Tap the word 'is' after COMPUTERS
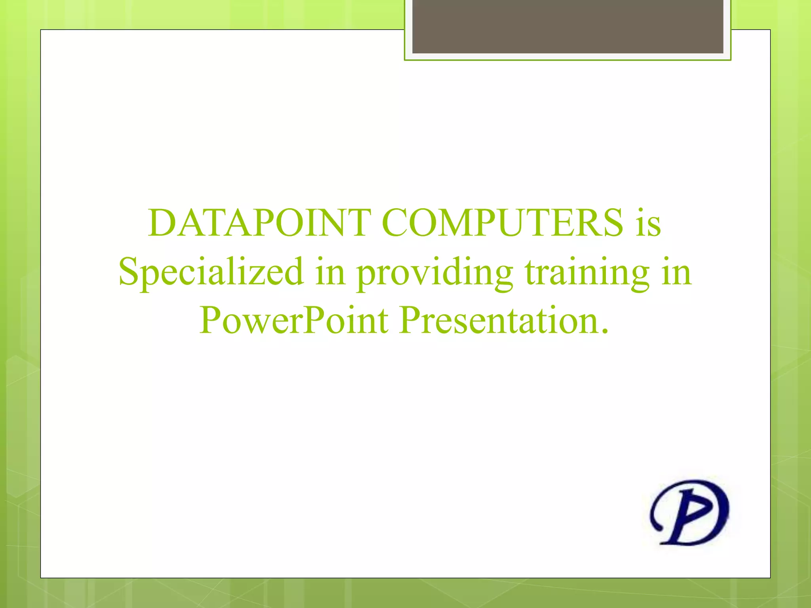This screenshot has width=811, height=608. pyautogui.click(x=648, y=224)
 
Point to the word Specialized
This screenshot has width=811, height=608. pyautogui.click(x=211, y=272)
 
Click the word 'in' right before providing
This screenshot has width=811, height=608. pyautogui.click(x=330, y=272)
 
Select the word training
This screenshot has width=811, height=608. pyautogui.click(x=587, y=273)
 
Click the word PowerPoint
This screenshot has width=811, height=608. pyautogui.click(x=294, y=321)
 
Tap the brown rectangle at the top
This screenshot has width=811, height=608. pyautogui.click(x=567, y=26)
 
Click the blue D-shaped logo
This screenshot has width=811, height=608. pyautogui.click(x=689, y=512)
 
